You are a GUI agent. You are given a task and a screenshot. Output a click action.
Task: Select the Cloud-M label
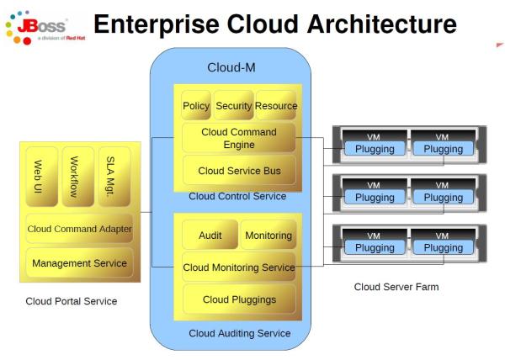tap(232, 66)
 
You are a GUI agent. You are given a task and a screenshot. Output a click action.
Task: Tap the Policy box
tap(196, 106)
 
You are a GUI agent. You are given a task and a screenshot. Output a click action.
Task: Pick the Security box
tap(234, 106)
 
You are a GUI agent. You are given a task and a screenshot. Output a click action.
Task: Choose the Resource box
tap(275, 106)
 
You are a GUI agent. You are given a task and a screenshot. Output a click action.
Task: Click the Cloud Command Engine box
tap(239, 139)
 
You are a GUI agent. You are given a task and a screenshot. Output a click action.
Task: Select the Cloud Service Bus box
tap(239, 171)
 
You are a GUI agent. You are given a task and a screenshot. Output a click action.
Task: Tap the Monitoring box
tap(268, 236)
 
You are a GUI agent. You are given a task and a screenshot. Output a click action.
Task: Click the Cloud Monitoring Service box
tap(239, 267)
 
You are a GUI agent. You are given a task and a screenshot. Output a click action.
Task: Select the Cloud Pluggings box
tap(239, 299)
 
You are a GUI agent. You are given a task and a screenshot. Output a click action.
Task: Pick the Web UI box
tap(40, 177)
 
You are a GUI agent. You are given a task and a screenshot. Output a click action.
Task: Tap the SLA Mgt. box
tap(114, 177)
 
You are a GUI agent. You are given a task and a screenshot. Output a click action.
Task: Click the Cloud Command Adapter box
tap(79, 228)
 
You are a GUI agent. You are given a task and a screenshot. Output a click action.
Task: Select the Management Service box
tap(79, 263)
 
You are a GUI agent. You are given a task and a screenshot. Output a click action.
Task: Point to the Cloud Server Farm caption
tap(396, 288)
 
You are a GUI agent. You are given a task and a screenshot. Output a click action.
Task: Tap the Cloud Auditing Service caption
tap(239, 334)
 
